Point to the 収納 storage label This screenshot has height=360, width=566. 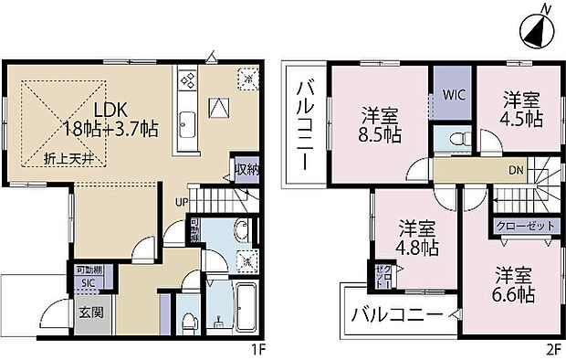(245, 169)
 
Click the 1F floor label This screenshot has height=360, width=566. (257, 348)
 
